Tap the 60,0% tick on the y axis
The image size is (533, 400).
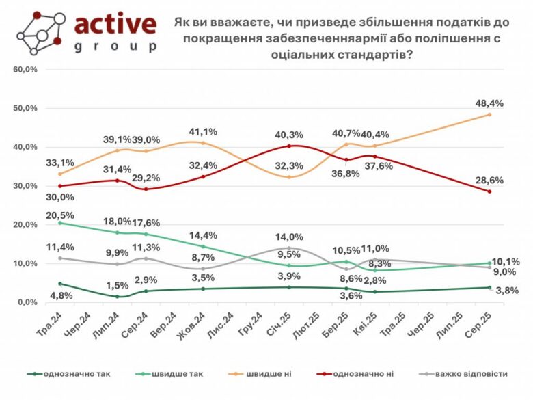tap(26, 70)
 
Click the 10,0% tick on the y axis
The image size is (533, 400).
tap(26, 263)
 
